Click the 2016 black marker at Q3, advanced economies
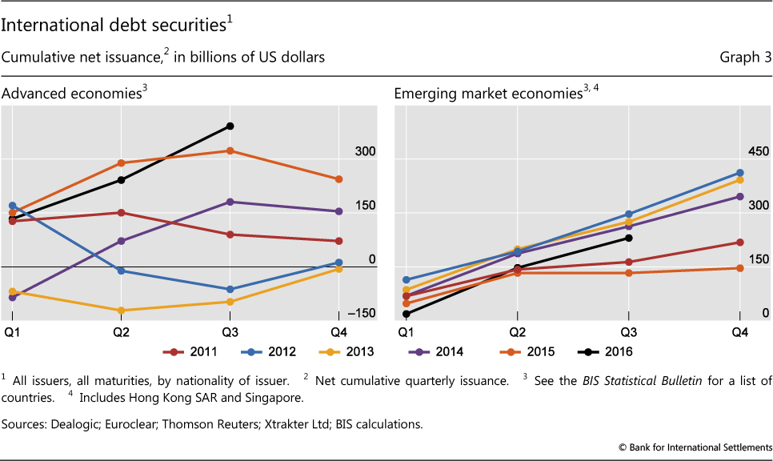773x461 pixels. coord(230,126)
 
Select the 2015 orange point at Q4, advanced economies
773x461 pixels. coord(338,179)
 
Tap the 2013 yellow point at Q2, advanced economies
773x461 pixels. coord(121,311)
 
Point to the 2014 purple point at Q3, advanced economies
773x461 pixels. coord(230,202)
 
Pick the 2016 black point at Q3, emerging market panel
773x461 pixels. coord(629,238)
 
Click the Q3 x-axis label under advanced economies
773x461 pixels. coord(230,331)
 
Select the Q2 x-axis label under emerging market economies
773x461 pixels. coord(518,331)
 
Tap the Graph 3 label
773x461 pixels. coord(747,58)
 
